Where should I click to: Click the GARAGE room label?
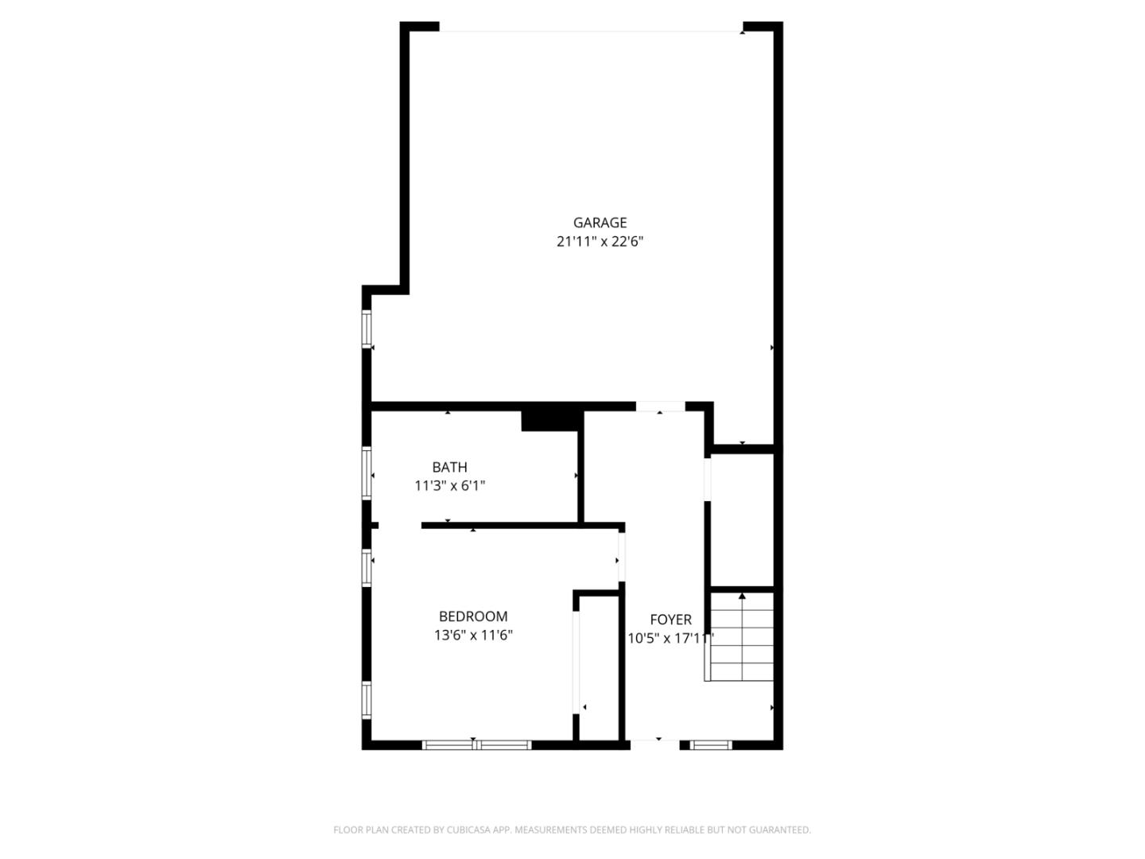coord(600,223)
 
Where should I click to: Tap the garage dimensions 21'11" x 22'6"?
coord(600,242)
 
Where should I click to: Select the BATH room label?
coord(449,467)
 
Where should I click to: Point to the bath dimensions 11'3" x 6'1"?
coord(449,485)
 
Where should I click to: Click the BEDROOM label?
coord(473,616)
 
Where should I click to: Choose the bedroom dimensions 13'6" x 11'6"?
coord(473,636)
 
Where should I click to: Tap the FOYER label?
coord(670,620)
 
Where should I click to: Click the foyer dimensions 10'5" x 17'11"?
coord(670,639)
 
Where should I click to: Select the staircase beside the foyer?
coord(739,636)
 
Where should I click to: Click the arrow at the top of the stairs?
coord(742,596)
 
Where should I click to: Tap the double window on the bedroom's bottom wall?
coord(476,744)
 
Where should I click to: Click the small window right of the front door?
coord(711,744)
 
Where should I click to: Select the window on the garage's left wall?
coord(367,328)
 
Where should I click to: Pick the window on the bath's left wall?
coord(367,473)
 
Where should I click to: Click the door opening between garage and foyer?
coord(660,406)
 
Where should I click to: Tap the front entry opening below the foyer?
coord(654,744)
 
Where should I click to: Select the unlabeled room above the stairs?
coord(743,519)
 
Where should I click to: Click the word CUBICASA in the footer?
coord(468,830)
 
